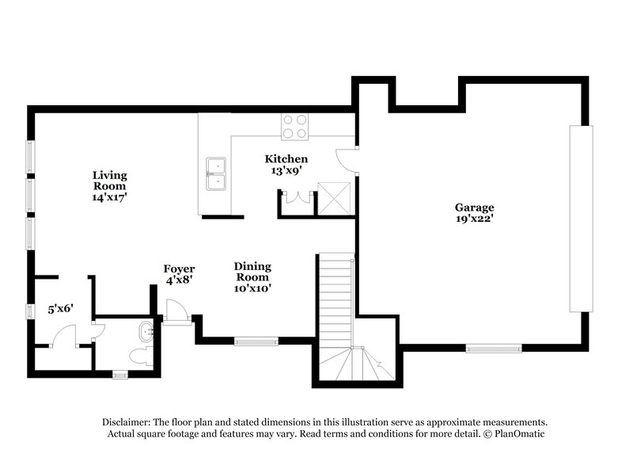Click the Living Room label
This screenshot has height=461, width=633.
[x=109, y=186]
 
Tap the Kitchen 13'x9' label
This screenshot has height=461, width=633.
[x=286, y=165]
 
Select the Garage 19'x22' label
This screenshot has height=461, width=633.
[x=474, y=213]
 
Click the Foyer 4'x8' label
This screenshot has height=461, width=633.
[x=179, y=274]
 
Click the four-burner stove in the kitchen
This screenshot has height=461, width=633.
[x=294, y=127]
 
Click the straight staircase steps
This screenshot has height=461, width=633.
[x=335, y=301]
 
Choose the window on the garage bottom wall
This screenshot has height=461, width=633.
[x=493, y=348]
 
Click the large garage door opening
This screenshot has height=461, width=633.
[x=581, y=218]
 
